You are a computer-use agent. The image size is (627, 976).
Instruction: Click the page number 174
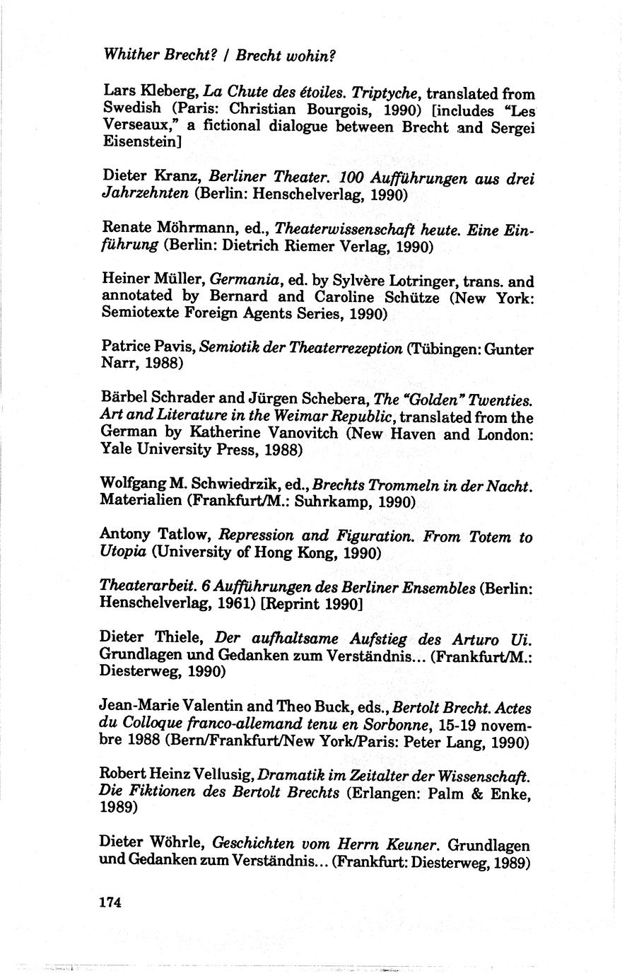coord(111,902)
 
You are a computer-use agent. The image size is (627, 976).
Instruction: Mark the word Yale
coord(117,451)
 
